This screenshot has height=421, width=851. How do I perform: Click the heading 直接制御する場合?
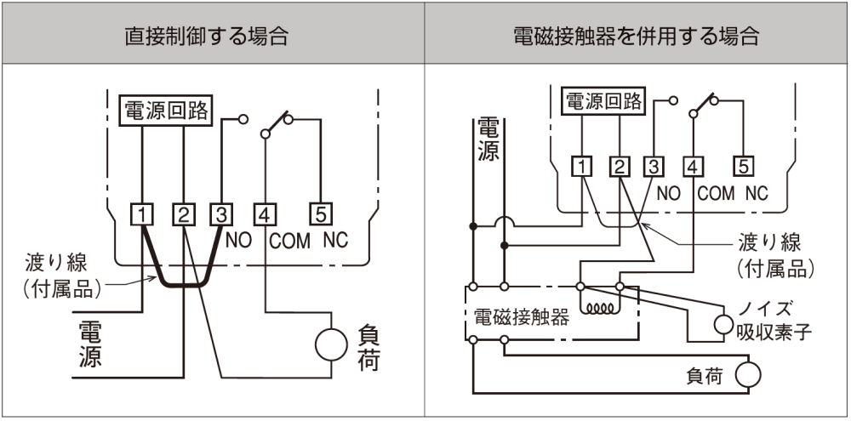click(213, 37)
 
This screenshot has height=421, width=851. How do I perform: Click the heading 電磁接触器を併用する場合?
click(637, 37)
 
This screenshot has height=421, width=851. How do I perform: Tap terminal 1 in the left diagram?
click(141, 214)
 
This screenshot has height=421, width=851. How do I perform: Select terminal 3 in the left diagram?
click(220, 214)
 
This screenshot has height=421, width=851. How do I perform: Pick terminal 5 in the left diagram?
click(323, 214)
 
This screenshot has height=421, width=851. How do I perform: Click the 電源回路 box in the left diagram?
click(165, 111)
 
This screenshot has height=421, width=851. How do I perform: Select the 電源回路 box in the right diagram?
click(605, 101)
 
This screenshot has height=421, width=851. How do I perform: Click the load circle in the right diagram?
click(748, 374)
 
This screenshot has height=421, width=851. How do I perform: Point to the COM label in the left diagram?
click(290, 240)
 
